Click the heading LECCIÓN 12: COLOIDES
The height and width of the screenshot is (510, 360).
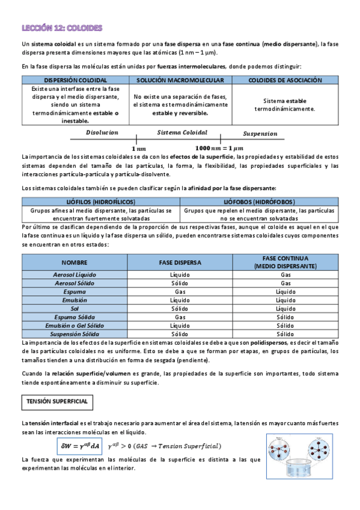coord(61,28)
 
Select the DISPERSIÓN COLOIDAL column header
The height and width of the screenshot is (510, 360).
coord(76,80)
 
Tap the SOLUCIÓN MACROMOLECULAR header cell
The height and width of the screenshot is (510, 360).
coord(180,80)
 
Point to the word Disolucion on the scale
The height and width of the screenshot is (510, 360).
coord(102,132)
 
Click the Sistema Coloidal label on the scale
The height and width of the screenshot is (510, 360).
coord(182,132)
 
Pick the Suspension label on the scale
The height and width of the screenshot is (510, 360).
coord(260,134)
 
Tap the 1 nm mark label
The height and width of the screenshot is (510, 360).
coord(138,148)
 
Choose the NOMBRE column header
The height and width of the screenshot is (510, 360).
coord(75,262)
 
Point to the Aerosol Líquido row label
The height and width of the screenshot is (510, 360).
coord(75,274)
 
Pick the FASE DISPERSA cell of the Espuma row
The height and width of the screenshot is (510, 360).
coord(180,291)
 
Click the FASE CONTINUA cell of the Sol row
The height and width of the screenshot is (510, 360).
coord(285,308)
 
